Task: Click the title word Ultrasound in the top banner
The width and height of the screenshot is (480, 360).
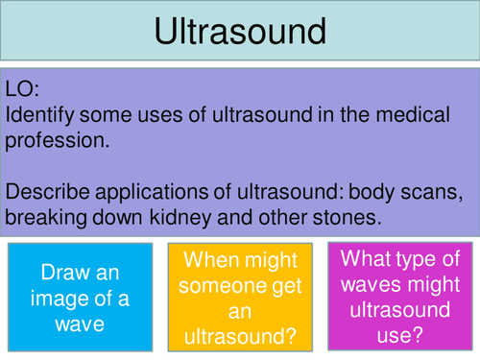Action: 239,33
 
